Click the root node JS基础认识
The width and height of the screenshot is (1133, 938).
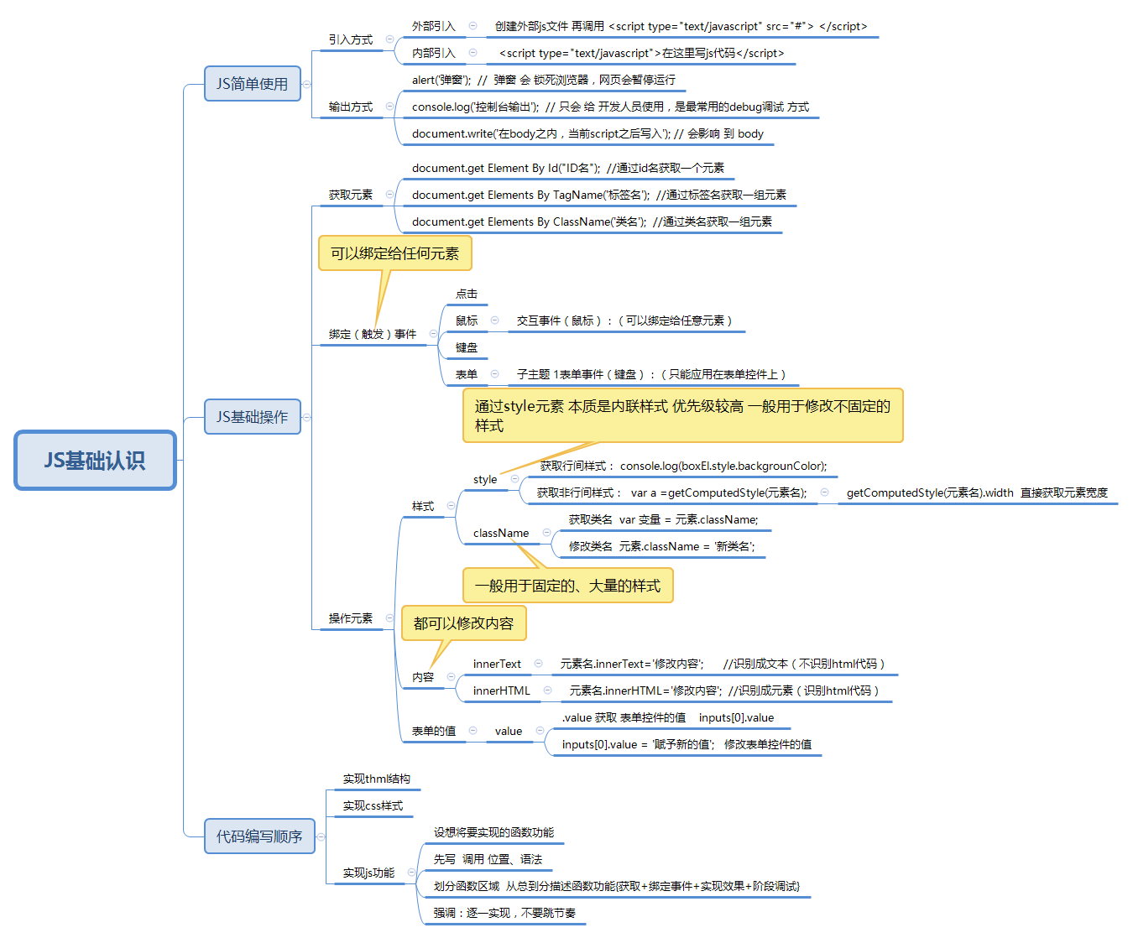tap(95, 460)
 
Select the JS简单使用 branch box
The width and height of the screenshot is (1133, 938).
tap(252, 84)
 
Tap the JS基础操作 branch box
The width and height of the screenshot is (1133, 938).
tap(252, 417)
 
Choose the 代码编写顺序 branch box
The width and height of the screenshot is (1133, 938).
tap(259, 836)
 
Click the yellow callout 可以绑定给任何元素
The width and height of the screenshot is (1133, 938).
tap(394, 253)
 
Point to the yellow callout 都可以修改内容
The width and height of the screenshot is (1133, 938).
tap(463, 623)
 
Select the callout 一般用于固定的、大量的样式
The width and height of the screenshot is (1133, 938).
tap(567, 586)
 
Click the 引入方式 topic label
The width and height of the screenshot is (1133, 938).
tap(351, 39)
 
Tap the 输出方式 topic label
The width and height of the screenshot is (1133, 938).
tap(351, 107)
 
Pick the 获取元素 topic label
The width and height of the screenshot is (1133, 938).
tap(351, 195)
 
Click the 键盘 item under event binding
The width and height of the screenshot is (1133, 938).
tap(467, 347)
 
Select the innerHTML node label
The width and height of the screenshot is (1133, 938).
tap(502, 690)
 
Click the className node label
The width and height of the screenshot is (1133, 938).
tap(501, 533)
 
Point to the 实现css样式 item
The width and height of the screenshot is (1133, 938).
tap(373, 805)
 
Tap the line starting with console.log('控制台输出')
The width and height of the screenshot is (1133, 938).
tap(610, 107)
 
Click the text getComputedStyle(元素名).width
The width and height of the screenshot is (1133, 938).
tap(930, 492)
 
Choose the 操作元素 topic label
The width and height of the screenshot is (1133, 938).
tap(351, 618)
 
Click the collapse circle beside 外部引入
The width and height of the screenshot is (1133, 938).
tap(473, 26)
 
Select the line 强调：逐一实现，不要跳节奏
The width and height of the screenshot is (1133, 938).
tap(504, 913)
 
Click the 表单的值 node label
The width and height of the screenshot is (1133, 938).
tap(434, 731)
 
